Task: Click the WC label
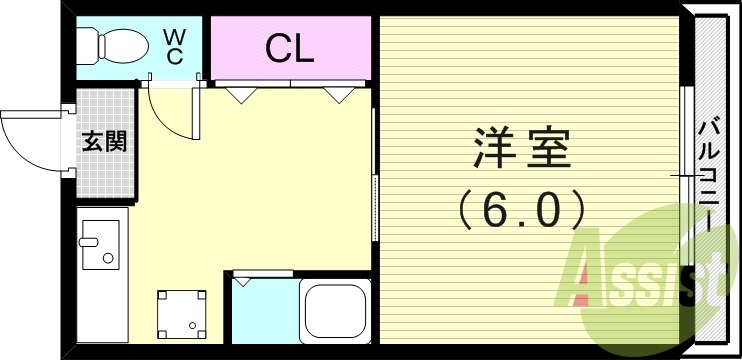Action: pos(174,46)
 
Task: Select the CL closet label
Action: pos(290,48)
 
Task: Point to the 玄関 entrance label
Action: pos(104,142)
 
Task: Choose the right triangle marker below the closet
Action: pos(336,95)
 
